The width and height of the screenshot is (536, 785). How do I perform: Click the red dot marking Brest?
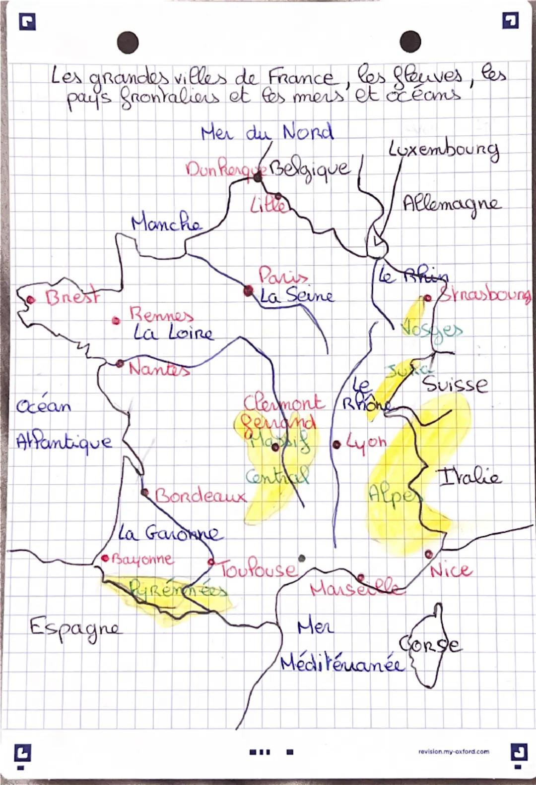coord(31,299)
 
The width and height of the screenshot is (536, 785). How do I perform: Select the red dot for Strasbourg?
coord(428,298)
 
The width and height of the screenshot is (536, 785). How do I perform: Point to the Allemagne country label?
coord(452,203)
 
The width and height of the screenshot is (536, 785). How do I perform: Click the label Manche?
coord(167,224)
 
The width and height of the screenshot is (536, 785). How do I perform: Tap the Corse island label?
coord(430,643)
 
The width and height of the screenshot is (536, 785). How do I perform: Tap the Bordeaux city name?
coord(201,495)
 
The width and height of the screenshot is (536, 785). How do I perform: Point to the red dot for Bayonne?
coord(105,558)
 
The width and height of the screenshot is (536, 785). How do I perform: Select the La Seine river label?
coord(297,296)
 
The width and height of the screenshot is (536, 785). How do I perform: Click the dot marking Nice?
coord(428,553)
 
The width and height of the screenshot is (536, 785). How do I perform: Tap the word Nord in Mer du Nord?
coord(308,132)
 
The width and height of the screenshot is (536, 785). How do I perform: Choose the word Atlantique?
coord(64,441)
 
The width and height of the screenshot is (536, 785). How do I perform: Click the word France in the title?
coord(301,78)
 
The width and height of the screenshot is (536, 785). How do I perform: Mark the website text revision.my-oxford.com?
coord(454,751)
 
